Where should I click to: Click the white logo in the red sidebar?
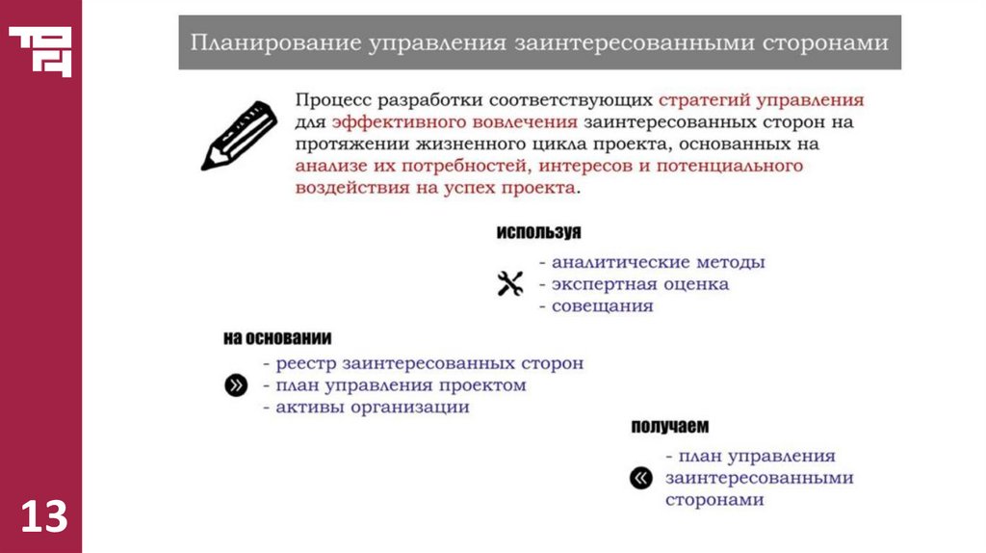click(40, 51)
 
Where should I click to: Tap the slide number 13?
click(44, 516)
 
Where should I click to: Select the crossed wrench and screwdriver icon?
click(509, 283)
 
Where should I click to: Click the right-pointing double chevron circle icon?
click(236, 385)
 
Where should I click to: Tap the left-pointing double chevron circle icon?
click(640, 477)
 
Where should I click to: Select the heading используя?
click(538, 233)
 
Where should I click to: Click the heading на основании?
click(277, 338)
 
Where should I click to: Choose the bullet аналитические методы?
click(659, 262)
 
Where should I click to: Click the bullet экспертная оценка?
click(640, 284)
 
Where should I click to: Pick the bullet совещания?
click(603, 306)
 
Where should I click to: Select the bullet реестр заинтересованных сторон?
click(429, 364)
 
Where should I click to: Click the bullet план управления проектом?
click(401, 385)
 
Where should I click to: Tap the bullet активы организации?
click(373, 408)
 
